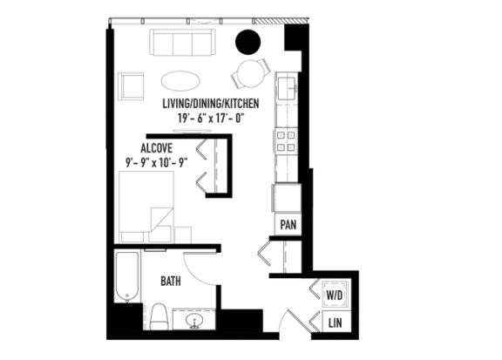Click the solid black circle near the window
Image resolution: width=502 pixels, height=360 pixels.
[248, 42]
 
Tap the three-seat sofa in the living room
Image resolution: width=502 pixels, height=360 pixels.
[182, 43]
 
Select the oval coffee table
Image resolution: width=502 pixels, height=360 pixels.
[180, 81]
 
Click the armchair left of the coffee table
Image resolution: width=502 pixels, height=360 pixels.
[131, 86]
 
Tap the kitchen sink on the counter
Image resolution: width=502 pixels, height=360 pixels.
[286, 88]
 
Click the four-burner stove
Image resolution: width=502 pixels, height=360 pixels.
[286, 141]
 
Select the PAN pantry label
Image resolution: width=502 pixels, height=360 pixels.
[288, 225]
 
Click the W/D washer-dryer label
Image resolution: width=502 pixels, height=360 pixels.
[335, 295]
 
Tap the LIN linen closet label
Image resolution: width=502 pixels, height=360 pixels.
[336, 323]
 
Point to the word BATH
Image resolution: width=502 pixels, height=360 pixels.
[171, 282]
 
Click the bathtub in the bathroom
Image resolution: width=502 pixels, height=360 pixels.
[127, 277]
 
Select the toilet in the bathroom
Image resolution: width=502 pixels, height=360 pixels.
[159, 316]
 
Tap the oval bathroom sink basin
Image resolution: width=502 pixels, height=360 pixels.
[194, 321]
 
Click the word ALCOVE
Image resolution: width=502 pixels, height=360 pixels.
[157, 148]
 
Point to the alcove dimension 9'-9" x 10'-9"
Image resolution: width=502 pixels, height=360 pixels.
[156, 163]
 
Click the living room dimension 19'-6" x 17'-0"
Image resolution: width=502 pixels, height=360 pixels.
[211, 119]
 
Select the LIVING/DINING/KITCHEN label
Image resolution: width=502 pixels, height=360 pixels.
[211, 104]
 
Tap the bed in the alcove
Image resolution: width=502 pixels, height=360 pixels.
[146, 207]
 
